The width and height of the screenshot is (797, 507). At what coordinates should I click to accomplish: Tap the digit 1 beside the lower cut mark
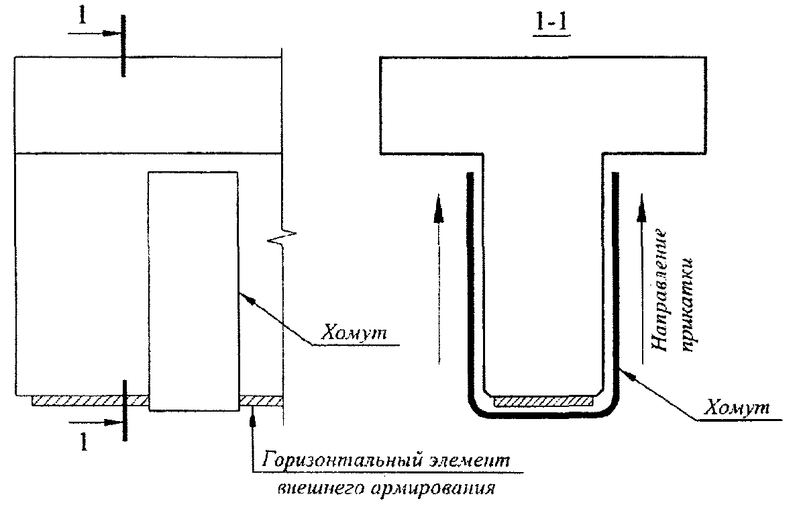(x=83, y=441)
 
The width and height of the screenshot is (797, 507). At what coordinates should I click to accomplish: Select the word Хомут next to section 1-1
(x=737, y=408)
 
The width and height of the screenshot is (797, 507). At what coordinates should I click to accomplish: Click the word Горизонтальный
(x=325, y=462)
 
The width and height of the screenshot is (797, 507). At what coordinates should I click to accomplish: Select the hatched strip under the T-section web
(x=543, y=401)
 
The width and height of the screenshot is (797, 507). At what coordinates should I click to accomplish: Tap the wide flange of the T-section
(x=542, y=104)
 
